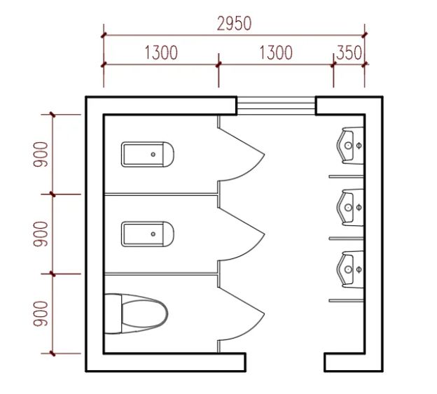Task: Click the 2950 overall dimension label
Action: coord(234,24)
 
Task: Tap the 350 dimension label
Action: coord(349,52)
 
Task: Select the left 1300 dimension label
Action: coord(161,52)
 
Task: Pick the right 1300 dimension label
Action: coord(276,52)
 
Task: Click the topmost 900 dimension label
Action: coord(41,154)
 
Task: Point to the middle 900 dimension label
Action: coord(41,234)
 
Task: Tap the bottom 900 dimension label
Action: coord(41,314)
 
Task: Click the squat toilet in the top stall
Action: coord(148,155)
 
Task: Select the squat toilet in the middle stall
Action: coord(148,234)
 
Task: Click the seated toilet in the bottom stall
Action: coord(136,314)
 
